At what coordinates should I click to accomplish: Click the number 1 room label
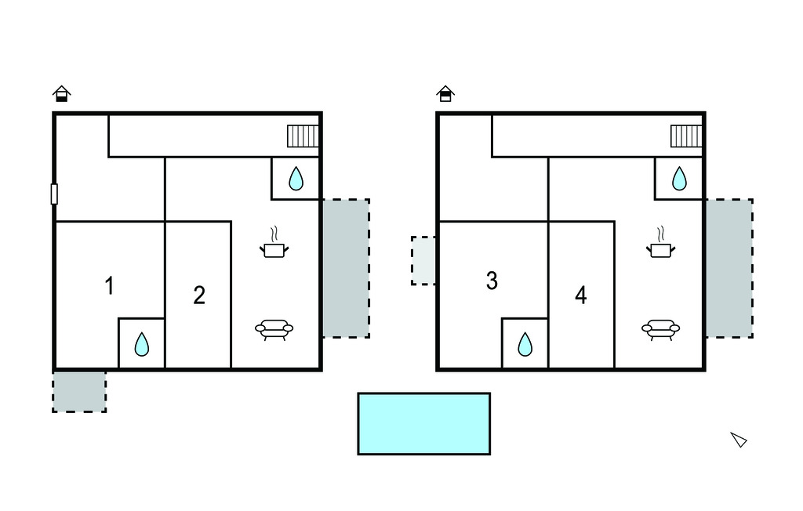(x=110, y=286)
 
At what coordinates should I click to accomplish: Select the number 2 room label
(x=199, y=295)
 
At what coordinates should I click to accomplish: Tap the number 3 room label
(x=492, y=281)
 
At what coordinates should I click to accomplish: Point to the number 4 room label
(x=581, y=295)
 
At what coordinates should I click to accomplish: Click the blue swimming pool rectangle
(x=423, y=423)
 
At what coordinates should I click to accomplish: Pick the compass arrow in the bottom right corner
(x=739, y=440)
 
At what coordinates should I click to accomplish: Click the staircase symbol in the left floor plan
(x=303, y=136)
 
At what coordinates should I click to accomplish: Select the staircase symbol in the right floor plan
(x=685, y=136)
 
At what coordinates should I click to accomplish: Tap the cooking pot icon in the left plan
(x=274, y=245)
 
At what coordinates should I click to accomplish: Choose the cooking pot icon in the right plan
(x=660, y=245)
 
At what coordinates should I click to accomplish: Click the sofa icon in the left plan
(x=274, y=330)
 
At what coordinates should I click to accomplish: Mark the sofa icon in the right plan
(x=660, y=330)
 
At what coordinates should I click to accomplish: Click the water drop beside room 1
(x=141, y=344)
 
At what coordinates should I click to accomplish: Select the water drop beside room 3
(x=525, y=344)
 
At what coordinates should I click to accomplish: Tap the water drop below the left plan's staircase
(x=296, y=179)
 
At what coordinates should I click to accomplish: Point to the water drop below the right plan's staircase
(x=679, y=179)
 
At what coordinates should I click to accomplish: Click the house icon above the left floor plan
(x=62, y=94)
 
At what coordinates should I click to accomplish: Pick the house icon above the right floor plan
(x=445, y=94)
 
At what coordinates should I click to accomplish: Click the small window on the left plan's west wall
(x=54, y=194)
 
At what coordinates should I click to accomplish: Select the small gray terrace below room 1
(x=79, y=391)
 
